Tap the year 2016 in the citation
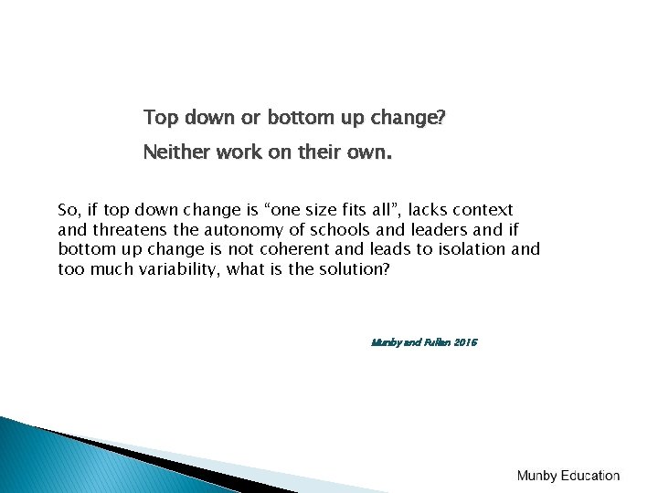tap(464, 343)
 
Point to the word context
tap(483, 210)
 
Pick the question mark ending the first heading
tap(442, 119)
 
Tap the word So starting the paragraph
tap(69, 210)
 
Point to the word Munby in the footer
tap(537, 476)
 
